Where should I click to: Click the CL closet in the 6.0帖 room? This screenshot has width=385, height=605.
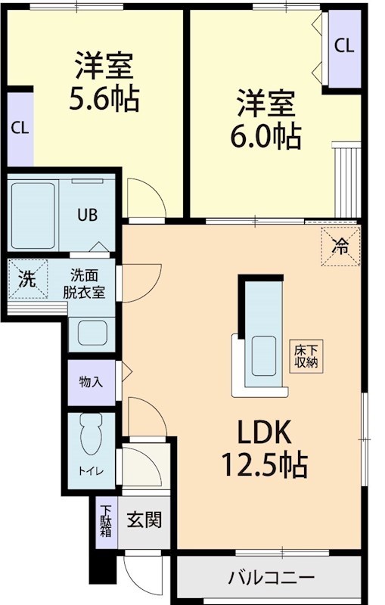tap(343, 45)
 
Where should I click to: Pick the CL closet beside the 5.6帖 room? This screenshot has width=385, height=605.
tap(20, 127)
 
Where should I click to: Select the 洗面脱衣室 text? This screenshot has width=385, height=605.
tap(88, 283)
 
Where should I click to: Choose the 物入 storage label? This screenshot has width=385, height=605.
tap(91, 382)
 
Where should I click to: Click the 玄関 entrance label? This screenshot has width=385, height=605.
tap(143, 520)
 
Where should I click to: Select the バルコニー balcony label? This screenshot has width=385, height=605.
tap(271, 579)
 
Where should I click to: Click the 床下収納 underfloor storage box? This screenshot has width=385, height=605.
tap(306, 355)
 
